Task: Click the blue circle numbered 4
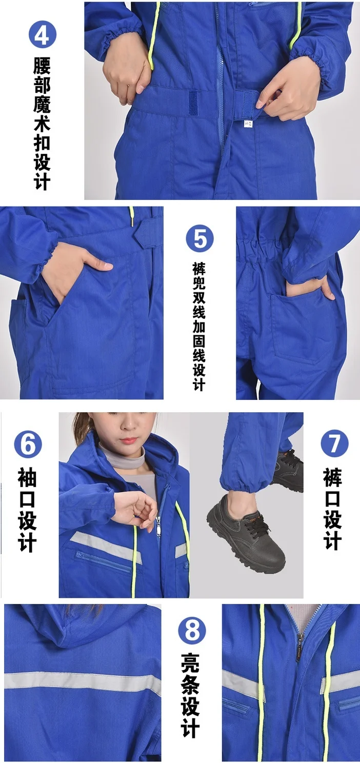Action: pos(43,34)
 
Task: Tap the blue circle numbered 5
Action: pos(199,238)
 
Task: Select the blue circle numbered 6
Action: pos(28,444)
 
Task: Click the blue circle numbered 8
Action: pos(192,631)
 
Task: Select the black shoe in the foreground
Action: pos(246,529)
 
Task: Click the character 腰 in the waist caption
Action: pos(42,66)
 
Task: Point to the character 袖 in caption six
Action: pos(27,478)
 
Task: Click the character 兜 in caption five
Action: pos(199,286)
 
